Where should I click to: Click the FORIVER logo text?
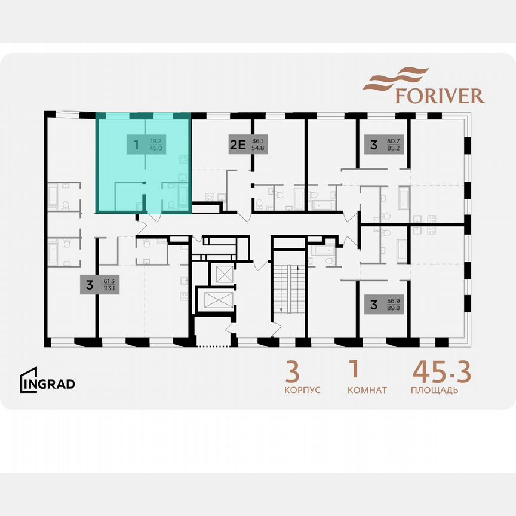click(x=440, y=96)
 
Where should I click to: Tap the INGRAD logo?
click(x=48, y=383)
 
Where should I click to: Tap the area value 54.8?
click(x=257, y=148)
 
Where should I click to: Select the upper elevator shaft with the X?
click(x=223, y=274)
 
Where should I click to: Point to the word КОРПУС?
click(x=302, y=390)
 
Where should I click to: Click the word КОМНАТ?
click(x=367, y=390)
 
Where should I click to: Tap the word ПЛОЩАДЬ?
click(x=435, y=390)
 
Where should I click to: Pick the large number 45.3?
click(x=442, y=371)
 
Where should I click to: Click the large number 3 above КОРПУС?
click(x=292, y=371)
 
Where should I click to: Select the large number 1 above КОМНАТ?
click(x=354, y=370)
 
